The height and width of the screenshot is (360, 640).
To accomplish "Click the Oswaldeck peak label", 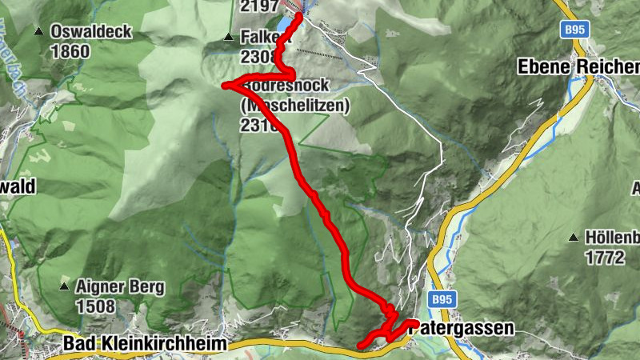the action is click(x=81, y=32).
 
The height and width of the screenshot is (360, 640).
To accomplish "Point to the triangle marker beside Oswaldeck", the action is click(x=38, y=32).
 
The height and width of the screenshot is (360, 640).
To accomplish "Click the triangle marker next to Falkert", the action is click(x=228, y=37).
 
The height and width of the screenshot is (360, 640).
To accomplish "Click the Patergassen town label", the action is click(x=464, y=327).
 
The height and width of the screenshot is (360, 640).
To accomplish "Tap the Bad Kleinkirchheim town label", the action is click(x=145, y=343).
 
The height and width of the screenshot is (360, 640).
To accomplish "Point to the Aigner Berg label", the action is click(x=119, y=286).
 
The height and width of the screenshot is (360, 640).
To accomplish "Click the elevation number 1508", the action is click(x=95, y=306).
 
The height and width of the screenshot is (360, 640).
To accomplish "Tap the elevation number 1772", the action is click(x=603, y=257).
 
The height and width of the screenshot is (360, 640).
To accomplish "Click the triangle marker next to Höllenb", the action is click(x=574, y=238).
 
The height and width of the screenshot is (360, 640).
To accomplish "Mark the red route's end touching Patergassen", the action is click(x=416, y=322).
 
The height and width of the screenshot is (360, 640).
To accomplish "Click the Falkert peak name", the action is click(x=258, y=37).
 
